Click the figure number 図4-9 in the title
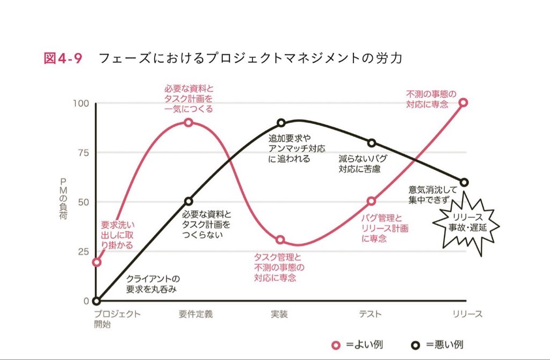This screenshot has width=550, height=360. (63, 59)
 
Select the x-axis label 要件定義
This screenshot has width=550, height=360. (196, 314)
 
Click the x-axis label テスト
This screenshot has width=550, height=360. (371, 314)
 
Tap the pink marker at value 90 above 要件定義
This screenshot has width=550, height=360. (189, 123)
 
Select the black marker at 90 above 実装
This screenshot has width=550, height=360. (281, 123)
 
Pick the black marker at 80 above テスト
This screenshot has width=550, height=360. (372, 142)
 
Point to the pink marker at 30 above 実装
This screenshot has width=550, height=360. (281, 240)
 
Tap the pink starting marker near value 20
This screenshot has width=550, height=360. (96, 262)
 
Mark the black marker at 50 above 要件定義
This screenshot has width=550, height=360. (189, 201)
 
